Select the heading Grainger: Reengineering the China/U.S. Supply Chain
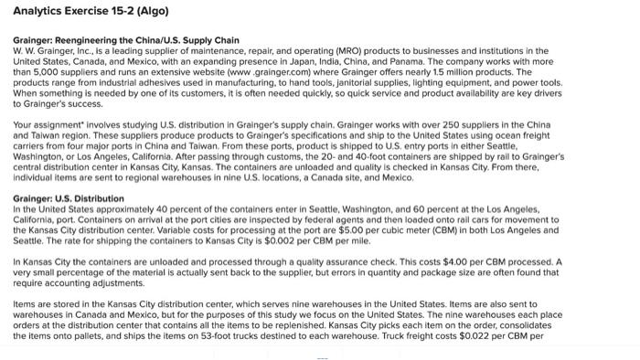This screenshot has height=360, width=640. coord(125,40)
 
